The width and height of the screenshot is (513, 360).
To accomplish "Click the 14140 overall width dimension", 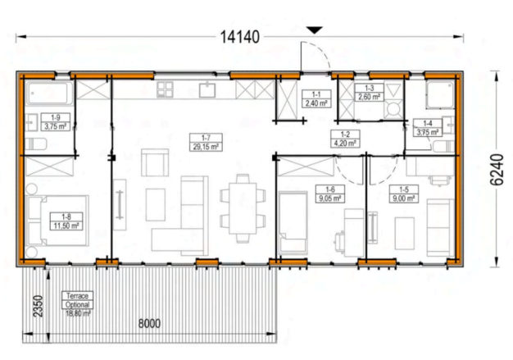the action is click(240, 37).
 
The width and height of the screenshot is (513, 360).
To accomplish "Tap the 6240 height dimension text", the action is click(497, 170).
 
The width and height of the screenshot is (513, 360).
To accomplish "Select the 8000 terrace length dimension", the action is click(149, 323).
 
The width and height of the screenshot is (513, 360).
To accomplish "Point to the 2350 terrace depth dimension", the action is click(39, 306).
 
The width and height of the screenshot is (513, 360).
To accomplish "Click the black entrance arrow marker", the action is click(315, 30).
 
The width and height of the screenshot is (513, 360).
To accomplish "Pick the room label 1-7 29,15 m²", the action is click(206, 143).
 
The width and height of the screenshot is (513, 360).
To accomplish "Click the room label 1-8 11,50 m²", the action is click(66, 221).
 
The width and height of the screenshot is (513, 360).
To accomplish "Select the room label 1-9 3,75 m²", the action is click(56, 121).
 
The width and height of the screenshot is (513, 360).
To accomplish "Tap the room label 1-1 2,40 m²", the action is click(316, 99).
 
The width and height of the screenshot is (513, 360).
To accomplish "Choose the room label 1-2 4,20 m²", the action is click(346, 139).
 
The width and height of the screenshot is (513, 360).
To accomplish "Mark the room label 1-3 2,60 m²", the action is click(369, 93).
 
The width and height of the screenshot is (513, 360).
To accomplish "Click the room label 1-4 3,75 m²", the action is click(428, 128).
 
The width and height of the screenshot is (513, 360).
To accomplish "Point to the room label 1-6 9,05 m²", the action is click(330, 194).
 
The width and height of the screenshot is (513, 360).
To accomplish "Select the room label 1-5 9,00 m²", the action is click(404, 194).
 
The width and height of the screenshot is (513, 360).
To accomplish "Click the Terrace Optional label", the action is click(77, 300).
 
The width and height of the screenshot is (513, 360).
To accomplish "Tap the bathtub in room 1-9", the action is click(49, 93).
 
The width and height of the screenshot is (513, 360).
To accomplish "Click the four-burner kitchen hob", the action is click(165, 89).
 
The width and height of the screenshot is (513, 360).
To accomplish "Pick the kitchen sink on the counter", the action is click(207, 90).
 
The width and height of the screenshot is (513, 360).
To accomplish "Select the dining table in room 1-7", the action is click(243, 208).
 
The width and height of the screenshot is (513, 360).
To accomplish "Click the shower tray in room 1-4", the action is click(440, 94).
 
